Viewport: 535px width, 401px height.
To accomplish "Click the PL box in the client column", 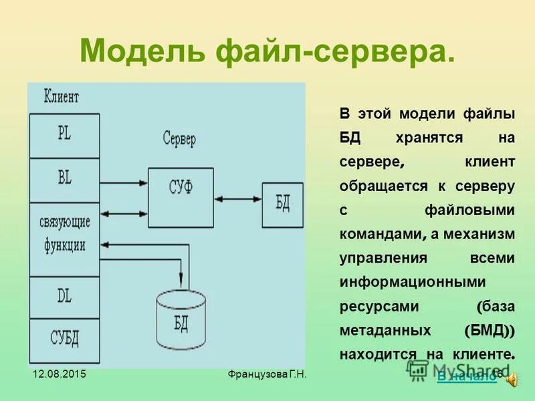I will pyautogui.click(x=64, y=134).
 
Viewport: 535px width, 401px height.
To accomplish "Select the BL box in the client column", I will pyautogui.click(x=64, y=180).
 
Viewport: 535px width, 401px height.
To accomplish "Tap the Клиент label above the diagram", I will pyautogui.click(x=61, y=98).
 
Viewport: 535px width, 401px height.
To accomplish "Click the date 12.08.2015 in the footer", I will pyautogui.click(x=58, y=374).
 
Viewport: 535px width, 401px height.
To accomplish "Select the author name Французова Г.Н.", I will pyautogui.click(x=266, y=374).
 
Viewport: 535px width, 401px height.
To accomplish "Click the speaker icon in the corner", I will pyautogui.click(x=512, y=379).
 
